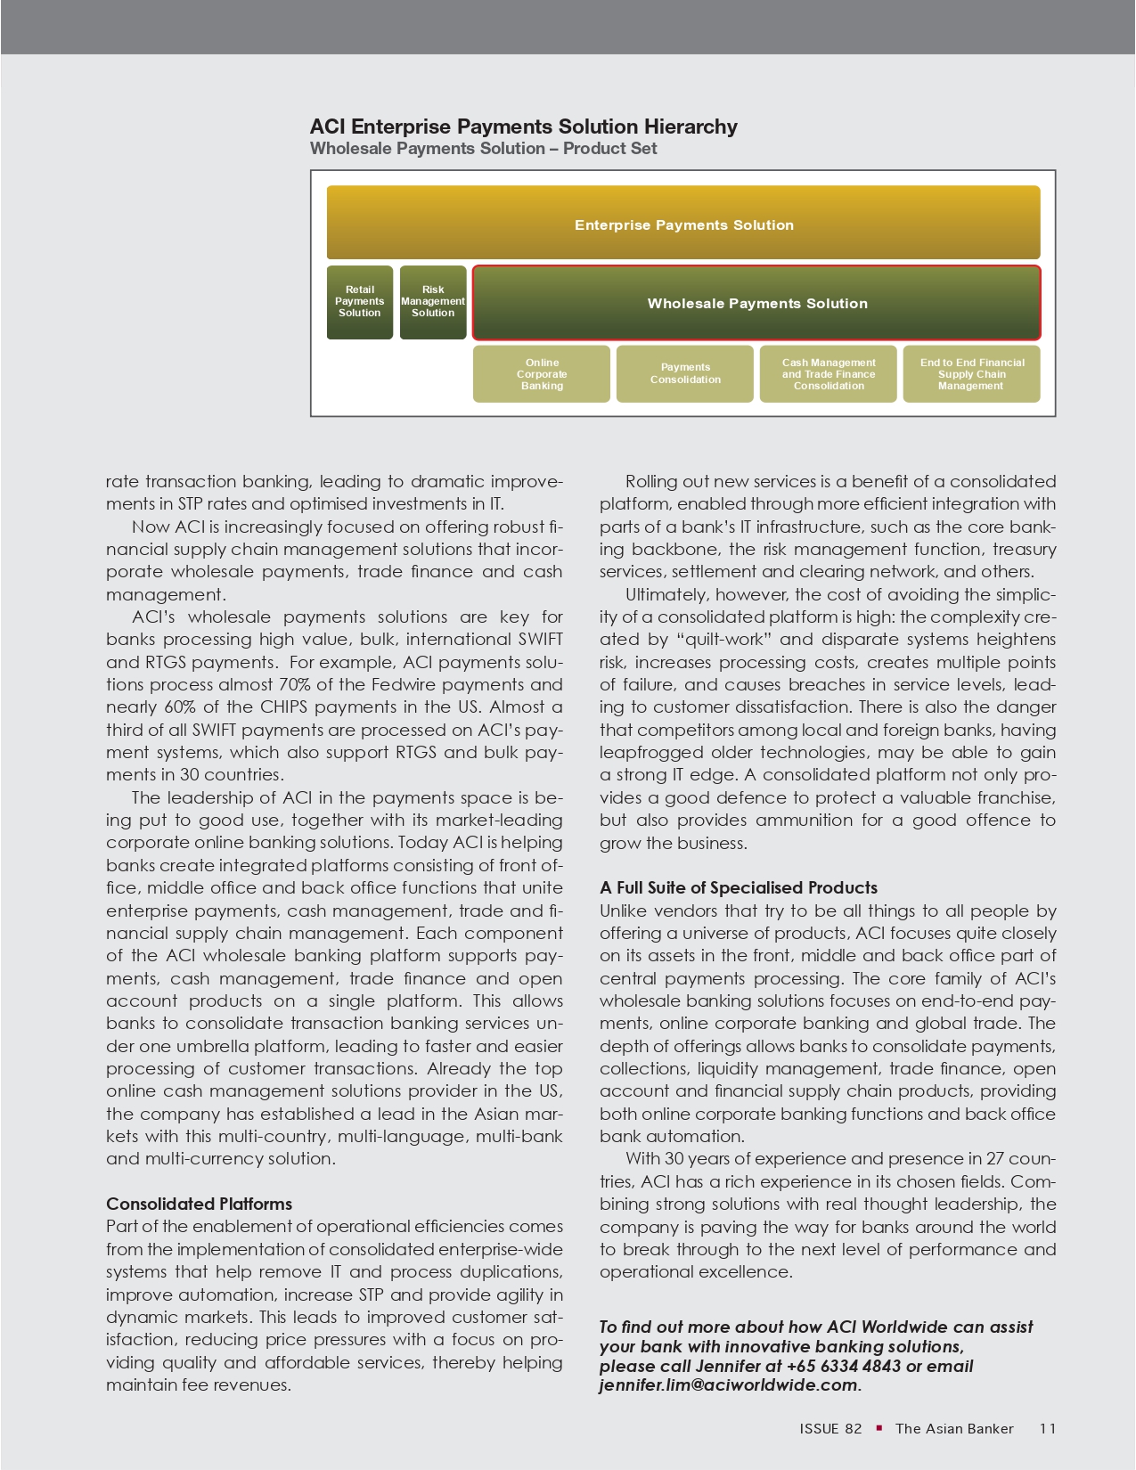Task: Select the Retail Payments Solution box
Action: tap(360, 302)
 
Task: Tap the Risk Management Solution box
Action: tap(433, 302)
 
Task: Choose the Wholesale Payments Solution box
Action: tap(756, 303)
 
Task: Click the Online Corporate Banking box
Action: tap(542, 374)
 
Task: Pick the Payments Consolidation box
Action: tap(685, 374)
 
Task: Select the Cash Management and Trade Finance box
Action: tap(829, 374)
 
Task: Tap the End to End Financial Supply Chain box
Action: tap(971, 374)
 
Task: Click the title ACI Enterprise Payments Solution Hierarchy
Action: tap(523, 127)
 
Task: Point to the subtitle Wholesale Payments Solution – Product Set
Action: tap(483, 149)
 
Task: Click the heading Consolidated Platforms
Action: tap(199, 1204)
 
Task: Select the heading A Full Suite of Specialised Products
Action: tap(738, 887)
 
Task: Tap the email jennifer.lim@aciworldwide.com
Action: tap(728, 1385)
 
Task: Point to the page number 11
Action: tap(1048, 1429)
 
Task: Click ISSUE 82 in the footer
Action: tap(830, 1429)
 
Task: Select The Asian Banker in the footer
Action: tap(954, 1429)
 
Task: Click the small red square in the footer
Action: tap(879, 1428)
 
